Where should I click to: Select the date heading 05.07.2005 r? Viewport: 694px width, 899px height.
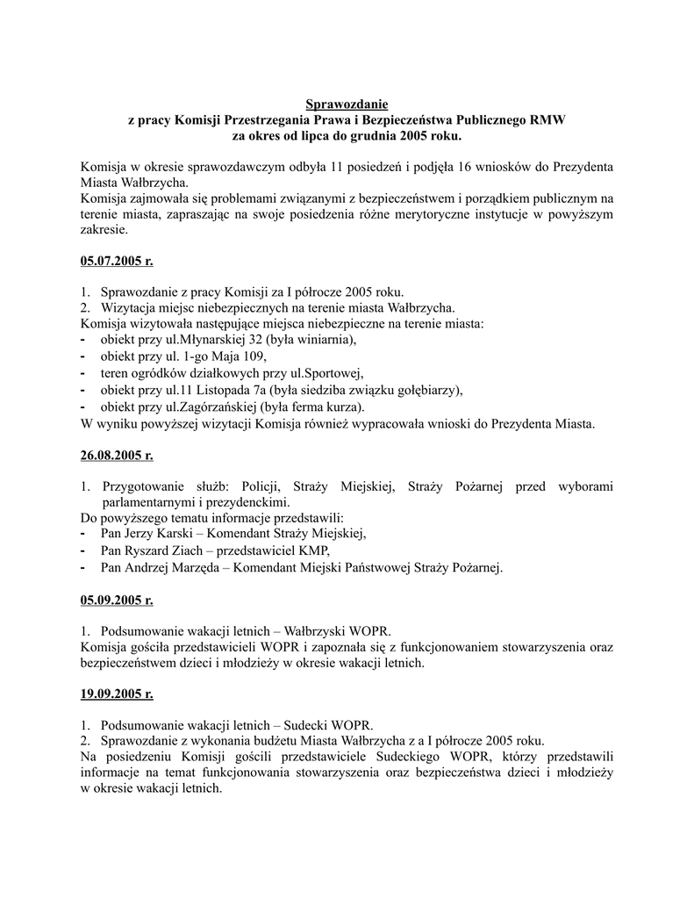point(116,261)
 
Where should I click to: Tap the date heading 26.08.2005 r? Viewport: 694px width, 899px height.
point(116,456)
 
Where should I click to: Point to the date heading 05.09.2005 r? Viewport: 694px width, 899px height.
point(116,601)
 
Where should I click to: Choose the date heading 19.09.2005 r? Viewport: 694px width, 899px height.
point(116,694)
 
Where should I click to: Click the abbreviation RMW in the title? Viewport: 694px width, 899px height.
point(547,121)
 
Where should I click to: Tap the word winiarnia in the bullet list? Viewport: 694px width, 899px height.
point(325,340)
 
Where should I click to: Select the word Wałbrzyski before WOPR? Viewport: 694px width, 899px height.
point(319,631)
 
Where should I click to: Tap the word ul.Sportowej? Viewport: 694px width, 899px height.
point(328,373)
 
